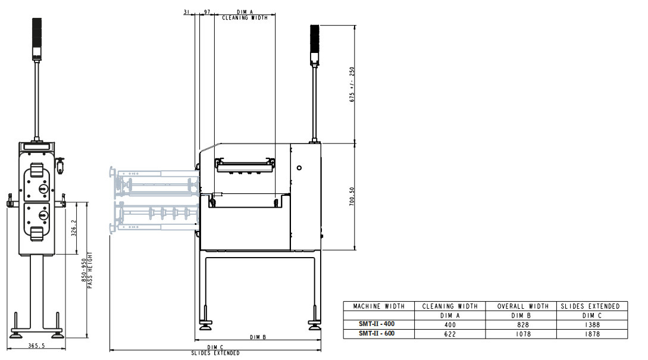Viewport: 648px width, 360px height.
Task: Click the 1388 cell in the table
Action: (x=592, y=325)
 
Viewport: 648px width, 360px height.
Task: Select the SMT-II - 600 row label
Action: (x=377, y=334)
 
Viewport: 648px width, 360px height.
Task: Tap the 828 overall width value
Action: (x=523, y=325)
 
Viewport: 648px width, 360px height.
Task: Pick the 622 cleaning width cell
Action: (x=450, y=334)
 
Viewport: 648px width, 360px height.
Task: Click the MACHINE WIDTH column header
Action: (x=378, y=306)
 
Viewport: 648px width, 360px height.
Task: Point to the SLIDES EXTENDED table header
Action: (x=590, y=306)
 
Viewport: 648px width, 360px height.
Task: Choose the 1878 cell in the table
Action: (x=592, y=334)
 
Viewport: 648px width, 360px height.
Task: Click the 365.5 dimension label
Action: (x=36, y=346)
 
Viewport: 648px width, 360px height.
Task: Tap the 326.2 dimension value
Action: (x=74, y=228)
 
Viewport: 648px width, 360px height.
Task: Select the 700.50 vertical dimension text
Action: (x=352, y=196)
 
